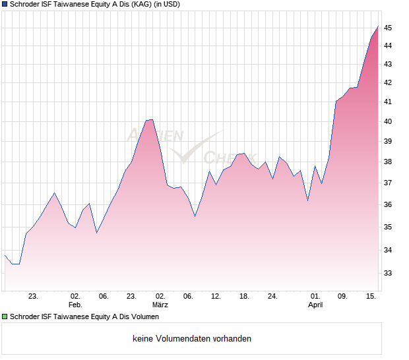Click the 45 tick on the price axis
click(x=388, y=28)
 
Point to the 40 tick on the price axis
click(x=388, y=121)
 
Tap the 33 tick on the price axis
click(x=388, y=273)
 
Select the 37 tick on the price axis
click(x=388, y=183)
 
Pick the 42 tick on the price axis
click(x=388, y=82)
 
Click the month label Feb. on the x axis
click(x=75, y=305)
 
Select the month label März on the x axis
click(x=160, y=305)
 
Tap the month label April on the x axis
click(x=315, y=305)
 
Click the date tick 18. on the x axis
click(x=244, y=297)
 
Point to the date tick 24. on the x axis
click(x=272, y=297)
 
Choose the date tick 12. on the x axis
click(x=216, y=297)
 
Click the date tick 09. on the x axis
click(x=343, y=297)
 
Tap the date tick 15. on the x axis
click(x=371, y=297)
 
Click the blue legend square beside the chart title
click(x=5, y=5)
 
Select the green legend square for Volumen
click(x=5, y=317)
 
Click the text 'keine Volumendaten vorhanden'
click(x=192, y=339)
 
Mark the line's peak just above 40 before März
click(x=151, y=119)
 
